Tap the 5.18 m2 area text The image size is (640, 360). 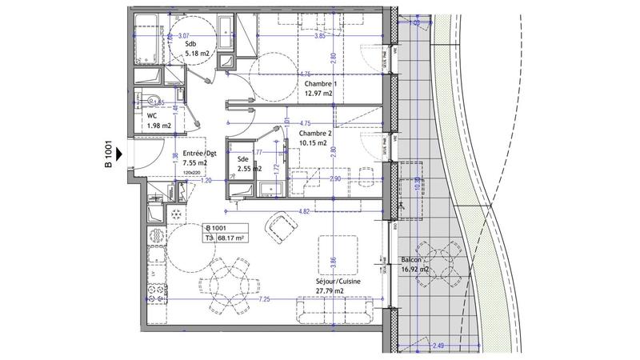click(197, 54)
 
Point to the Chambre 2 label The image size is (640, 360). click(314, 134)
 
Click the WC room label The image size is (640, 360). click(151, 114)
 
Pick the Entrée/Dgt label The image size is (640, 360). click(200, 153)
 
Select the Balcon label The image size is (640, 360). click(413, 260)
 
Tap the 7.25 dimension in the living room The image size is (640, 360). click(264, 298)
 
